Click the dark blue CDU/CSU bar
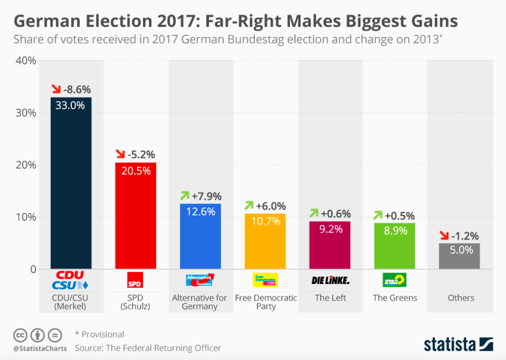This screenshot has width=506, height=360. [71, 187]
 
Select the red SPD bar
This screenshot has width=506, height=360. [135, 220]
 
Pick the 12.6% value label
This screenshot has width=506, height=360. [200, 212]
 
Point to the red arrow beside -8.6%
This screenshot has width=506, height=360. [56, 89]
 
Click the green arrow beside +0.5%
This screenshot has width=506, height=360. [379, 215]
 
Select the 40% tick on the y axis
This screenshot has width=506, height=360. [25, 61]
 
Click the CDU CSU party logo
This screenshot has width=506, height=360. [70, 280]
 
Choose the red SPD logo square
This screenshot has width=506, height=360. [135, 280]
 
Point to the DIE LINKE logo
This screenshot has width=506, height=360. [330, 280]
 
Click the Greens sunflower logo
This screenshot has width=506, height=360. [395, 280]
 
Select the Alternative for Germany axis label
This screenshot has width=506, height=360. [200, 302]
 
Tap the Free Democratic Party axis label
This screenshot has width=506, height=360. [266, 302]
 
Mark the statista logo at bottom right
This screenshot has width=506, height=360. [458, 343]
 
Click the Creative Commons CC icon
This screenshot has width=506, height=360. [20, 335]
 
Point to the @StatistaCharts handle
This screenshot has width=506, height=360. [40, 348]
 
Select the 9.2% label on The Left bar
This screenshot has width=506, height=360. [330, 230]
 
